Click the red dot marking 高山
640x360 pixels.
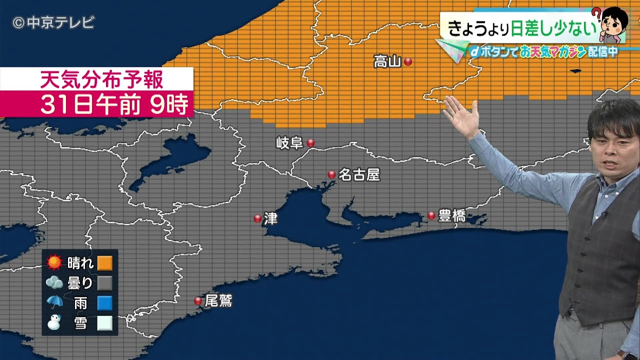click(408, 61)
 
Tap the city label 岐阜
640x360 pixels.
click(290, 143)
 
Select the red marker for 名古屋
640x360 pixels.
click(331, 174)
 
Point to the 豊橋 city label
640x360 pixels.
click(452, 216)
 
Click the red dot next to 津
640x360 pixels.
click(257, 218)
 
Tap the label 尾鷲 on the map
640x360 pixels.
click(219, 301)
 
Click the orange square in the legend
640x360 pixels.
click(105, 262)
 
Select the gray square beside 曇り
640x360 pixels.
click(105, 283)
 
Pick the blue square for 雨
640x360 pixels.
click(105, 303)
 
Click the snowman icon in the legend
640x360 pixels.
click(53, 323)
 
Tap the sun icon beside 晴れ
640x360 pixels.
click(54, 262)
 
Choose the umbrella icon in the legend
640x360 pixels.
click(54, 302)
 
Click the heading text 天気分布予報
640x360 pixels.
click(101, 79)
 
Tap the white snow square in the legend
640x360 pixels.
click(105, 323)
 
